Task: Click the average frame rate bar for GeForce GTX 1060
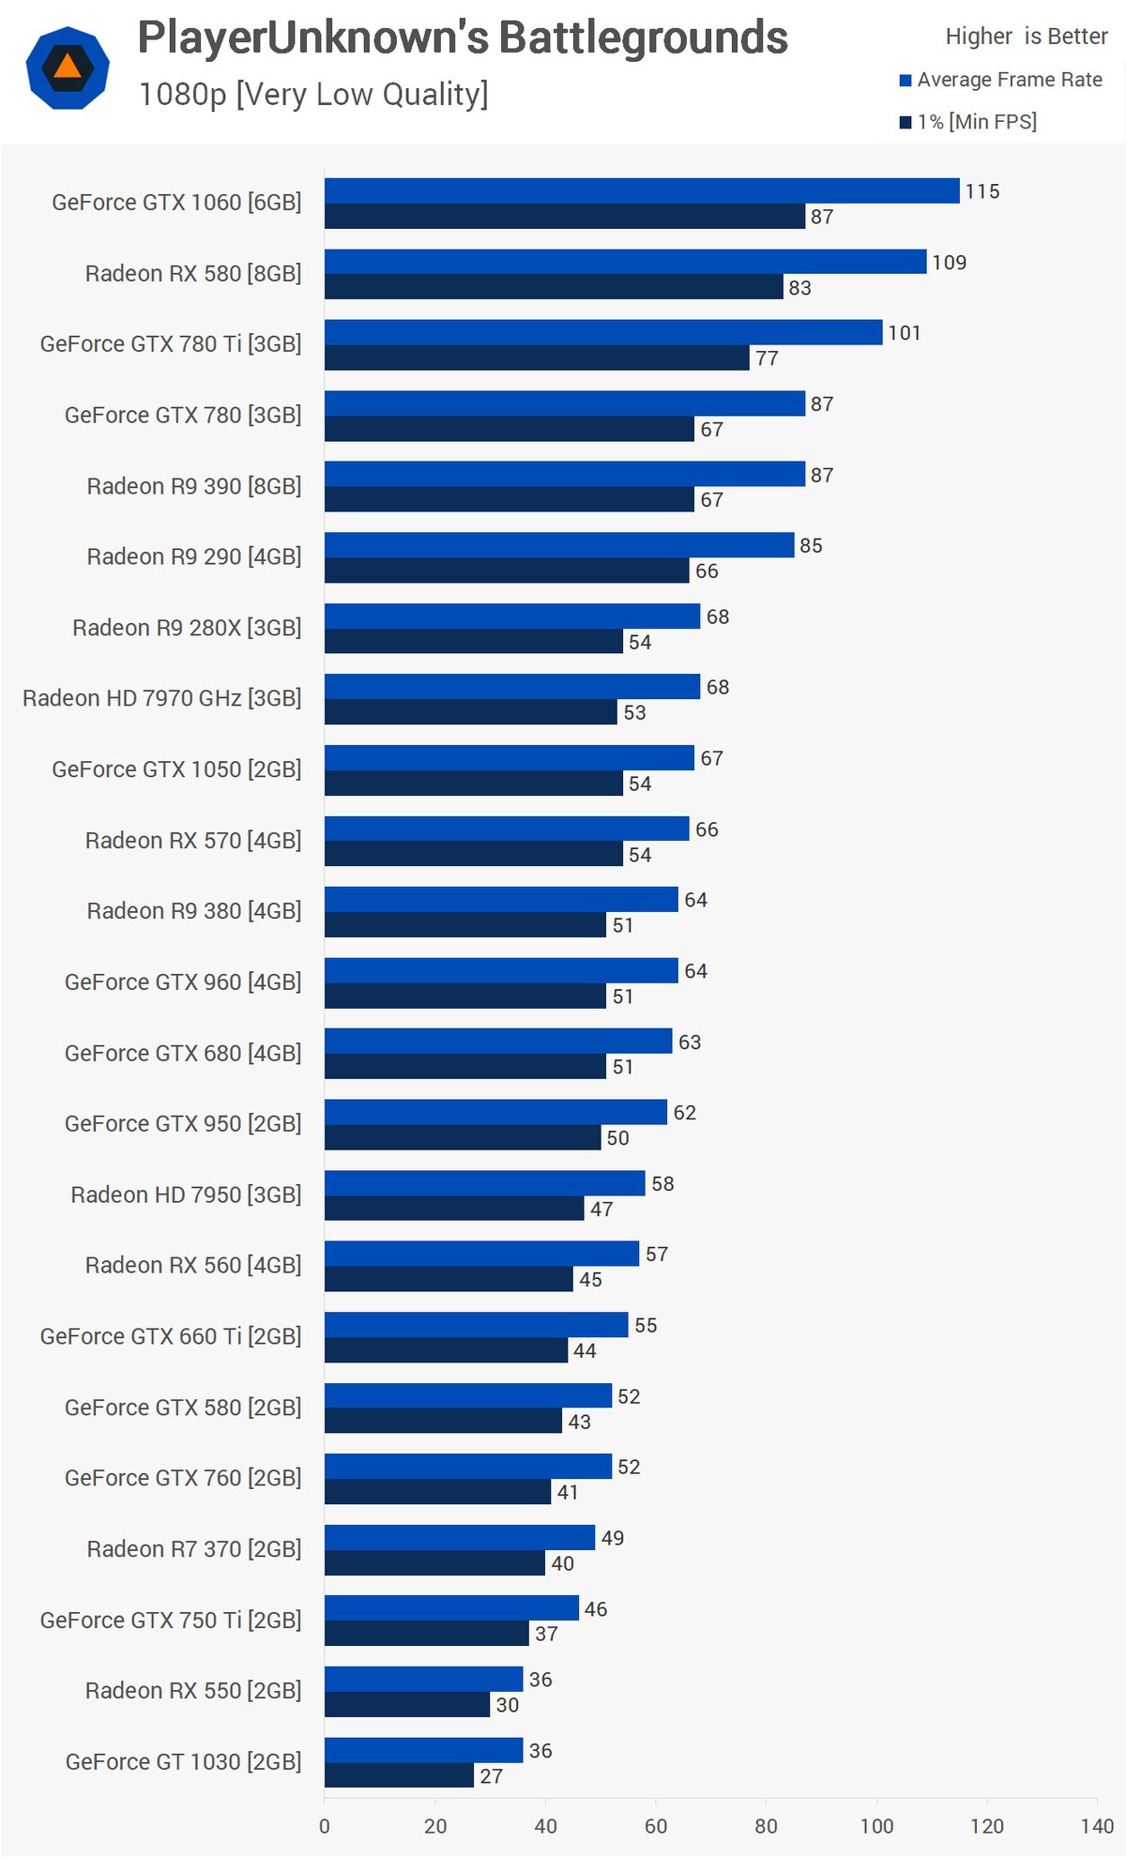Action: coord(642,190)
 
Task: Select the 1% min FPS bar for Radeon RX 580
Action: coord(554,287)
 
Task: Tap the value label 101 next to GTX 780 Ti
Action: coord(905,333)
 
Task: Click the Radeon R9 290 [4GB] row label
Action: coord(194,556)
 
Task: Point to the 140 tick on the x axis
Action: coord(1097,1826)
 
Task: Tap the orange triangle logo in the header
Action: coord(68,67)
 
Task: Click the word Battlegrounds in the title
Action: coord(643,38)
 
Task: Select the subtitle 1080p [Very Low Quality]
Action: coord(313,94)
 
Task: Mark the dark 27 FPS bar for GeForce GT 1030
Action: coord(399,1775)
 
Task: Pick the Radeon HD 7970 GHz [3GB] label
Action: coord(162,698)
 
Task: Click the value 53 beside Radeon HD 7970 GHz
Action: coord(634,712)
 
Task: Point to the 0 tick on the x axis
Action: coord(325,1826)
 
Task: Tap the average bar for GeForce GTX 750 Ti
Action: coord(451,1608)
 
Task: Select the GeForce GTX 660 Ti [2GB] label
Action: coord(171,1336)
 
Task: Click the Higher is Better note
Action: coord(1027,37)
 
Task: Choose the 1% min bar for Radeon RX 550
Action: coord(407,1704)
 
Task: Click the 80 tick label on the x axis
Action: coord(766,1826)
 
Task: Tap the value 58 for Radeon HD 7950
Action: coord(662,1183)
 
